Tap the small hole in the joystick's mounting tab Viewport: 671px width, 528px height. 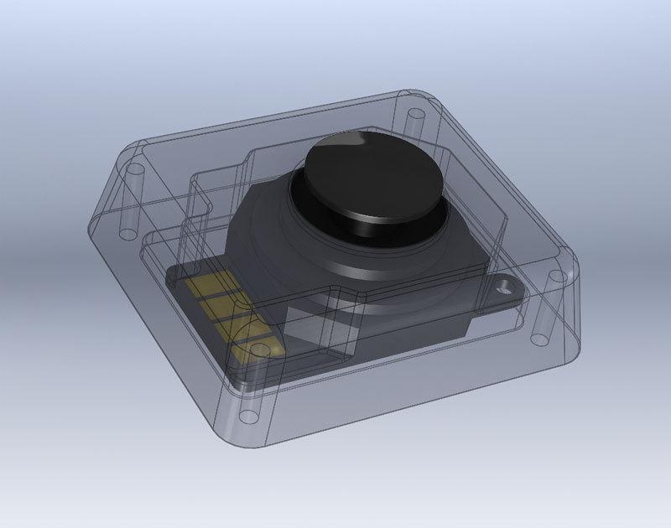click(505, 287)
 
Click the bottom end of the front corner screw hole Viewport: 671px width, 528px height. click(248, 416)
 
